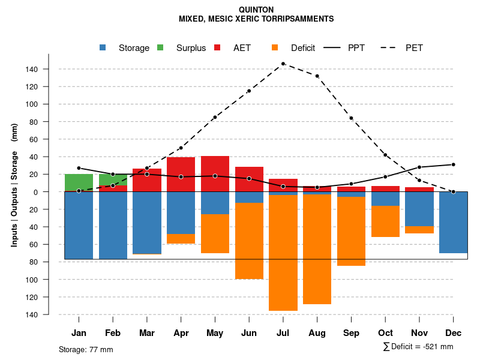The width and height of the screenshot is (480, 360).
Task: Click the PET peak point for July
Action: tap(283, 64)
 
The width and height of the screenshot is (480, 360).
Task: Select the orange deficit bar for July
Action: tap(283, 252)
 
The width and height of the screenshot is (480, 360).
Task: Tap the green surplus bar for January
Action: tap(79, 182)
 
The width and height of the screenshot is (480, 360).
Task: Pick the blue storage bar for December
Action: tap(453, 222)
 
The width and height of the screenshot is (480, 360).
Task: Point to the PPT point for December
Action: tap(453, 164)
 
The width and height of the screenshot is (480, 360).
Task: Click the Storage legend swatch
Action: tap(103, 47)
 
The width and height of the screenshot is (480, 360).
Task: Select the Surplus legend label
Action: tap(191, 48)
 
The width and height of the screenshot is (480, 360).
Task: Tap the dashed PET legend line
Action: tap(390, 47)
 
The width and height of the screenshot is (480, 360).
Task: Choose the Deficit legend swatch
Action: tap(275, 47)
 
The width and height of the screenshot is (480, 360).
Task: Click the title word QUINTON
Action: tap(256, 10)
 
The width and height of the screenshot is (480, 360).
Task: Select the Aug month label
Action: tap(317, 333)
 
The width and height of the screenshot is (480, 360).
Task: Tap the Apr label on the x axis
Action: tap(181, 333)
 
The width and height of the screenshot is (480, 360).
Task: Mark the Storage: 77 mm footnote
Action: tap(86, 349)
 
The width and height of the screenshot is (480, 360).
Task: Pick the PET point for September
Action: tap(351, 118)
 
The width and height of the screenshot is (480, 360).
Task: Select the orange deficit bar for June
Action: tap(249, 240)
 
